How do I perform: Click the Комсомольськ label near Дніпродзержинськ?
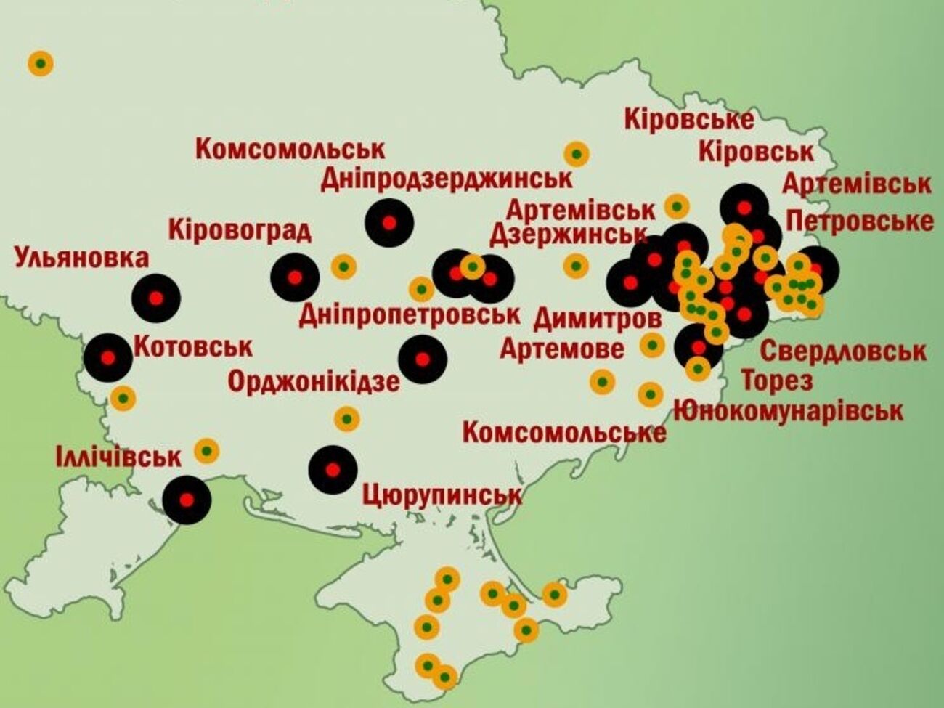(x=290, y=150)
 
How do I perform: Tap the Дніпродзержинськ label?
(x=447, y=178)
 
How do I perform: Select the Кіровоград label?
(x=240, y=230)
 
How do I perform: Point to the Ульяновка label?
(x=81, y=258)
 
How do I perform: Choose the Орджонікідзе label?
(x=314, y=381)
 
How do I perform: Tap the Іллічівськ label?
(x=118, y=457)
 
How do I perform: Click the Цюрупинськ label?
(x=442, y=495)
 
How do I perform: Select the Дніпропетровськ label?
(x=410, y=314)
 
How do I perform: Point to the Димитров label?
(x=598, y=317)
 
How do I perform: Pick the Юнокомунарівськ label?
(x=788, y=411)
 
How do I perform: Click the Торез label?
(x=776, y=380)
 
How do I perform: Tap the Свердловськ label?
(x=842, y=351)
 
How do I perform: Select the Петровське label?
(x=859, y=221)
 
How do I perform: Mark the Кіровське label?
(x=688, y=119)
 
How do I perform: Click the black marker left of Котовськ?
(x=108, y=358)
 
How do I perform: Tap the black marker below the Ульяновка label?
(x=156, y=298)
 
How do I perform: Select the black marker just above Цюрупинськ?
(x=333, y=470)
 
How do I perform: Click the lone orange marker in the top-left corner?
(x=41, y=63)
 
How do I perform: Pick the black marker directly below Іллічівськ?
(x=187, y=500)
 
